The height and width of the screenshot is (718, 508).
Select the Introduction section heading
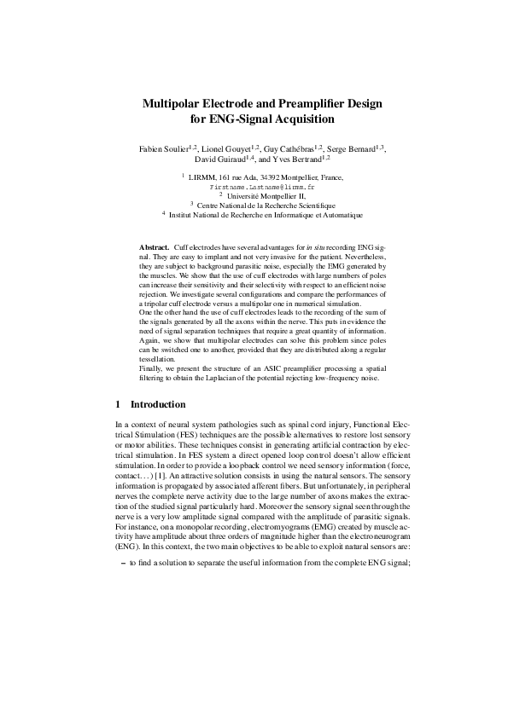[x=161, y=403]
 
